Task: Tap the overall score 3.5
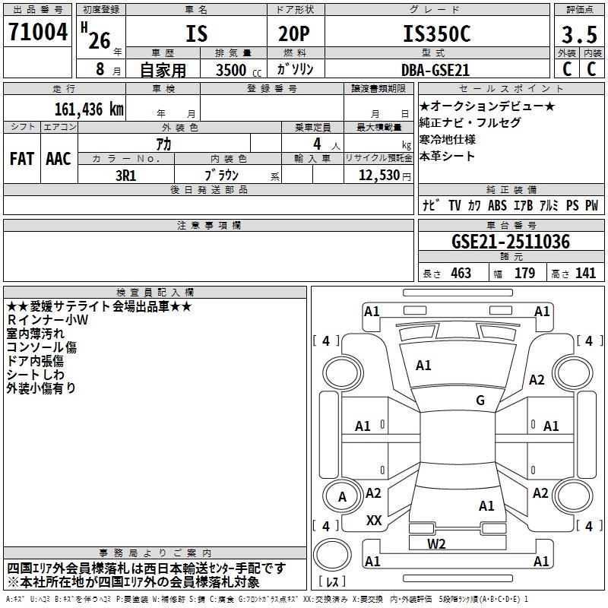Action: (x=578, y=34)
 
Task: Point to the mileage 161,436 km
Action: (x=89, y=109)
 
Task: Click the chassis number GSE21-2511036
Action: (x=510, y=242)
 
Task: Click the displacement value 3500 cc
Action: (x=235, y=69)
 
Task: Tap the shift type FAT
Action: (x=22, y=158)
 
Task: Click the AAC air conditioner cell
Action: (x=59, y=158)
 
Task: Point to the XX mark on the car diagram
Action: (x=374, y=521)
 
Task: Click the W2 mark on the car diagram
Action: (x=435, y=543)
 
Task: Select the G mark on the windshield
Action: (x=480, y=400)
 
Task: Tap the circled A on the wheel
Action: (x=342, y=497)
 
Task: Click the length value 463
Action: (x=461, y=274)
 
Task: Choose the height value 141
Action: (x=585, y=274)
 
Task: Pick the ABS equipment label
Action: (x=497, y=205)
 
